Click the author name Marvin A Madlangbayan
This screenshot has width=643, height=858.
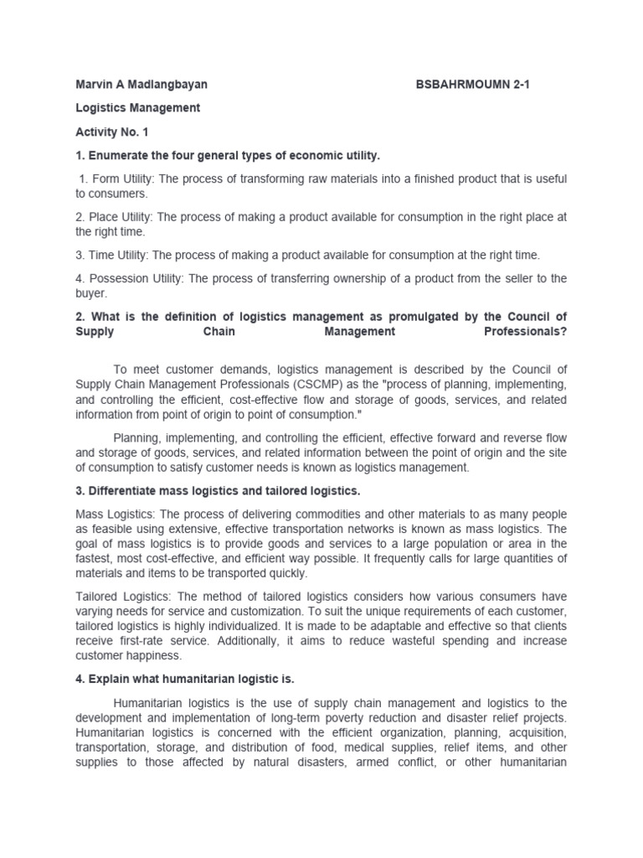141,85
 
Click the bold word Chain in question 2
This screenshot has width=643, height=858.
217,331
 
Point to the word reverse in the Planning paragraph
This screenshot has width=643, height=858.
519,437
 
